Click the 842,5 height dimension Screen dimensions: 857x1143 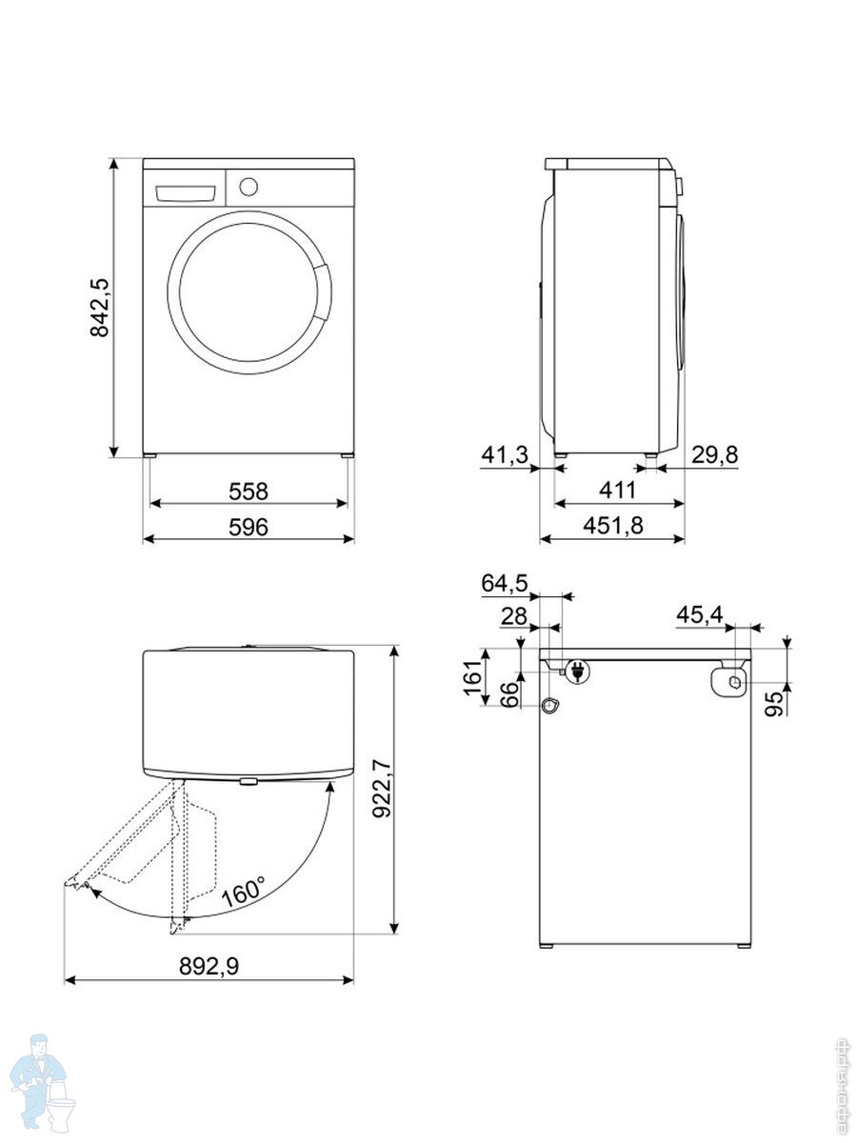99,308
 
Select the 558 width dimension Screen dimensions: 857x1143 249,491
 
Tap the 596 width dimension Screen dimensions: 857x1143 249,527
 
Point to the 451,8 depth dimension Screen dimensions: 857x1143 613,526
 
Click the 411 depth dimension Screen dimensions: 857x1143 618,490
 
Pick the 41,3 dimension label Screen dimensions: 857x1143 505,454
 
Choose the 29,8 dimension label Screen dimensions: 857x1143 714,454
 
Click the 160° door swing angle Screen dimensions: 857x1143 244,891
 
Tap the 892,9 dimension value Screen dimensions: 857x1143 209,967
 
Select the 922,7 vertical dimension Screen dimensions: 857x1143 382,789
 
